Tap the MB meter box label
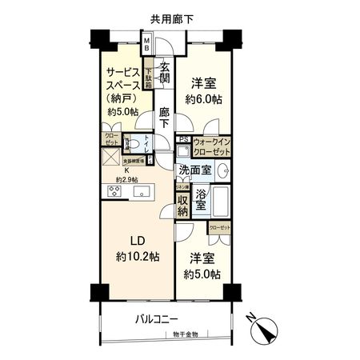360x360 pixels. click(148, 45)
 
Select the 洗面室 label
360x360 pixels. click(195, 170)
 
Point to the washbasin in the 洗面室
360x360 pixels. click(224, 170)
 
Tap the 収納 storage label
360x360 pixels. click(184, 205)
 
